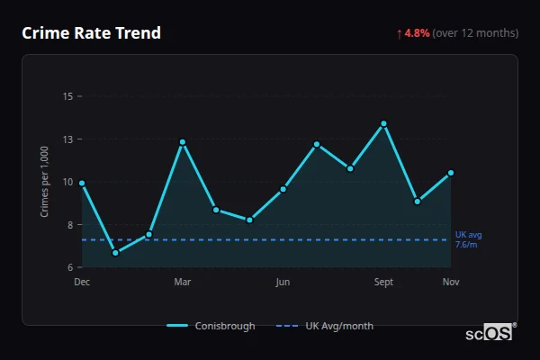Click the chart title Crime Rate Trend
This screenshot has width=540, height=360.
(x=91, y=33)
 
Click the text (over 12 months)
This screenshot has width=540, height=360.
(x=475, y=33)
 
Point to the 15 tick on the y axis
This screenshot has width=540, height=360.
(x=67, y=96)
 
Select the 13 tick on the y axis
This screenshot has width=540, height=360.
(x=67, y=139)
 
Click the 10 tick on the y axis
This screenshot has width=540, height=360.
(x=67, y=182)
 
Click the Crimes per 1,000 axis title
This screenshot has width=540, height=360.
(x=45, y=182)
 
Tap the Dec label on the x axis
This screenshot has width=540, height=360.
(x=82, y=282)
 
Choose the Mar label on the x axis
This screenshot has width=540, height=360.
(x=183, y=282)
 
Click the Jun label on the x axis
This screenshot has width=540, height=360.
(x=283, y=282)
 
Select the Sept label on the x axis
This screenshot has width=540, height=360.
(x=383, y=282)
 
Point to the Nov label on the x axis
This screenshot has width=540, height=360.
(x=451, y=282)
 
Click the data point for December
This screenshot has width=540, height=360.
(x=82, y=183)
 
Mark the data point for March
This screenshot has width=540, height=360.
(x=183, y=142)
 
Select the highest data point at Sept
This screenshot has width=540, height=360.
(x=383, y=123)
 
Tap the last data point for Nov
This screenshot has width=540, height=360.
(x=451, y=173)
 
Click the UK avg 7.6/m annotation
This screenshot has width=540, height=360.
(x=468, y=239)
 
